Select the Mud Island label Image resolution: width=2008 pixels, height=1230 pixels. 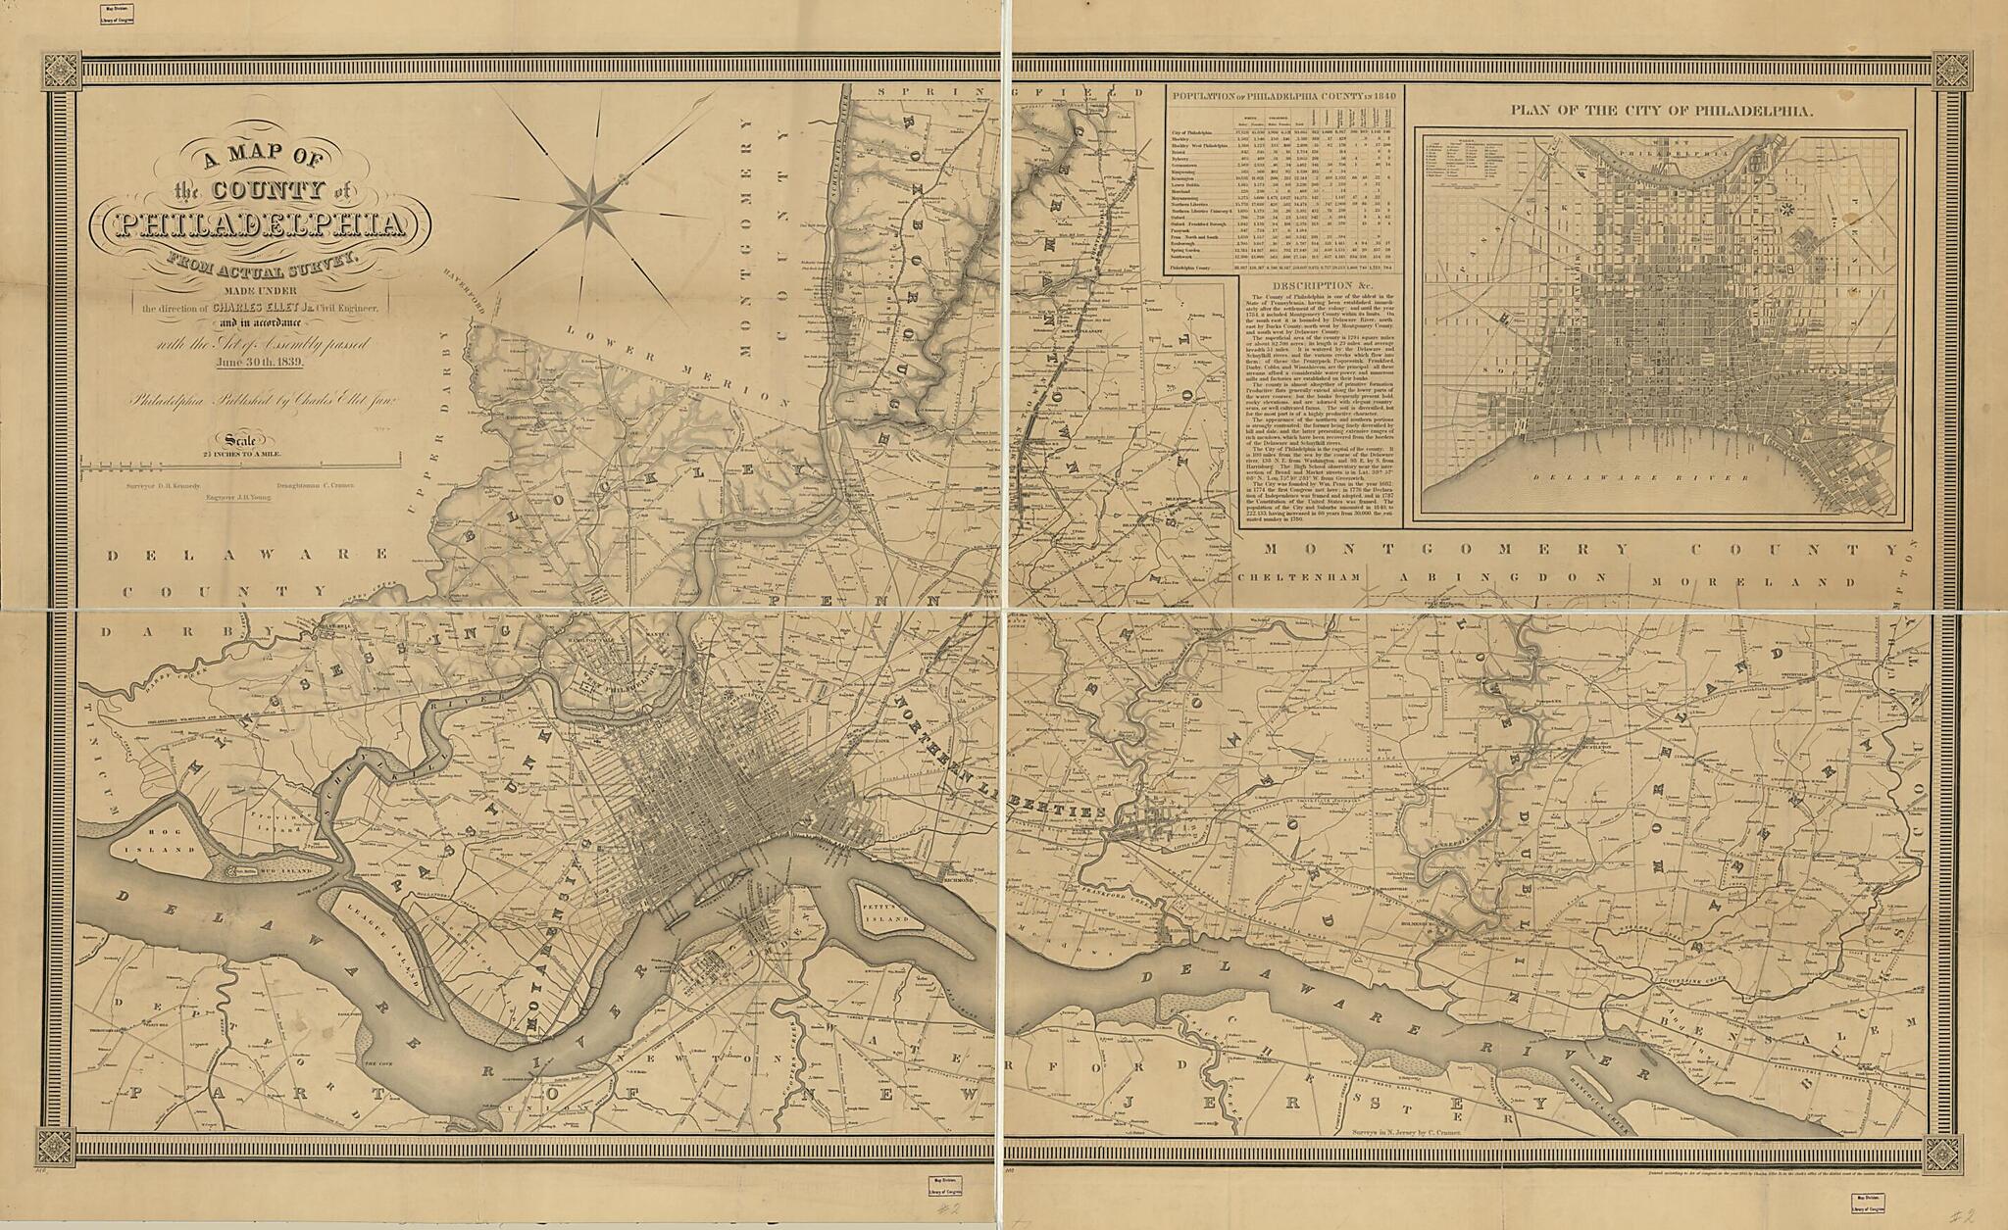[x=286, y=870]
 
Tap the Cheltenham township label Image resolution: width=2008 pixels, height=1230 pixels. [x=1296, y=578]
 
